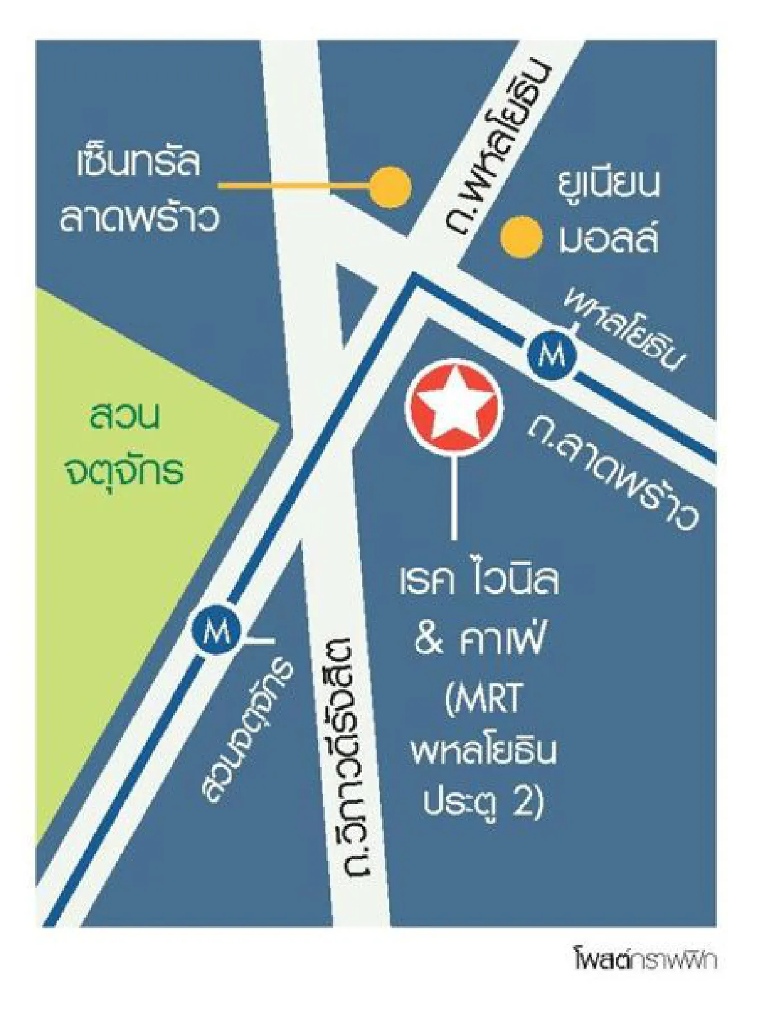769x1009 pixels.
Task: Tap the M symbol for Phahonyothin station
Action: [550, 354]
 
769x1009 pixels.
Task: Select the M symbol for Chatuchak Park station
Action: [216, 632]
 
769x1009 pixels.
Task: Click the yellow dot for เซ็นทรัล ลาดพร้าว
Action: [390, 187]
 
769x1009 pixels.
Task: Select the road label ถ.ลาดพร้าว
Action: [612, 475]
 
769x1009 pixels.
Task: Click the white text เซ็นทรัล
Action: [138, 163]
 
